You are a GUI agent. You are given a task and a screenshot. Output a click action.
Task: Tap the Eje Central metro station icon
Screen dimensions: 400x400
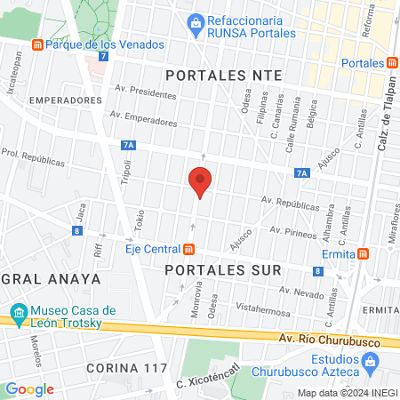click(x=188, y=250)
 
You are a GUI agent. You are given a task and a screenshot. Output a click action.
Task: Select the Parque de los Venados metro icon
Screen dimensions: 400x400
click(x=36, y=44)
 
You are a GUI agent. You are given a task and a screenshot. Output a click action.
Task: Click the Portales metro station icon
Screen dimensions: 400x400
click(x=392, y=62)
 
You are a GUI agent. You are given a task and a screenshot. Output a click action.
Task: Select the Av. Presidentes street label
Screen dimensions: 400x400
click(x=146, y=92)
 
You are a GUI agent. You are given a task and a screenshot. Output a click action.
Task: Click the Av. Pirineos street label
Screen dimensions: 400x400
click(x=292, y=231)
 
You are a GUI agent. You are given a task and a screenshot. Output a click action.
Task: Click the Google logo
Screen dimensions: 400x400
click(x=29, y=389)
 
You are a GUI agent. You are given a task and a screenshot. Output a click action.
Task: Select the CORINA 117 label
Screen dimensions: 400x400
click(x=121, y=367)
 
